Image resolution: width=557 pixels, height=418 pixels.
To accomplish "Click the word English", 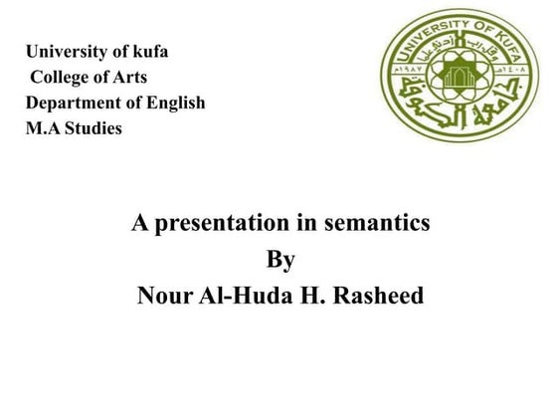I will (x=174, y=104).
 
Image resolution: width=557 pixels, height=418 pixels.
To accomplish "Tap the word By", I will (x=281, y=261).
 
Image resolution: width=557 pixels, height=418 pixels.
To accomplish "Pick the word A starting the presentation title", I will (x=140, y=224).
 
